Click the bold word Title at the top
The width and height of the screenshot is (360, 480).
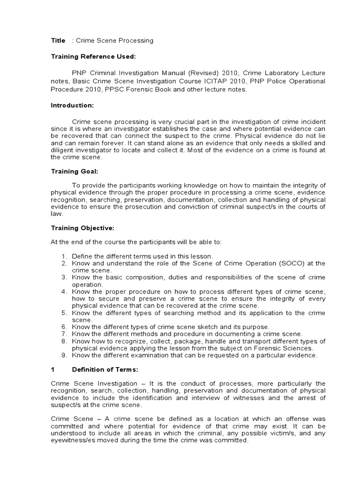[58, 41]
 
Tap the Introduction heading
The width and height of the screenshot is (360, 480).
[72, 105]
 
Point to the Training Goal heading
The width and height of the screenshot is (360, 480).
[74, 171]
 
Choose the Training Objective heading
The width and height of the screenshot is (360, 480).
[82, 228]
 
